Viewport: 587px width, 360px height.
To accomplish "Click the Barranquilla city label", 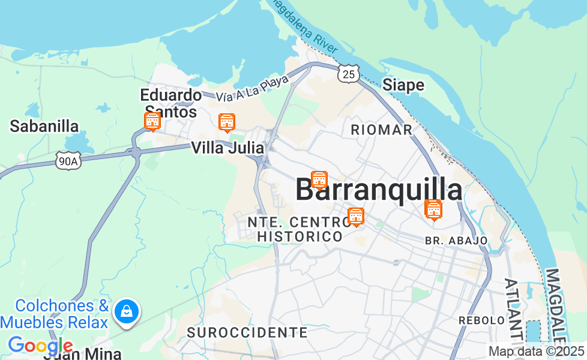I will (x=379, y=190).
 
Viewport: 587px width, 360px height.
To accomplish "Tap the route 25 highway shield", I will (x=349, y=73).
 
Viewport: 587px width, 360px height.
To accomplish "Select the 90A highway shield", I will (x=67, y=160).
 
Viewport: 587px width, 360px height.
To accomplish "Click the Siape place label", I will (x=403, y=85).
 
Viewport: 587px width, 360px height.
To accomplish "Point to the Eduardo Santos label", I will (x=171, y=103).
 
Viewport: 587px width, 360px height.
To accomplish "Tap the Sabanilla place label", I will (x=44, y=126).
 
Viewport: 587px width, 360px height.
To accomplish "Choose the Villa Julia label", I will (x=227, y=148).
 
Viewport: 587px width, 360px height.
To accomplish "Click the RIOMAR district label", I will (x=382, y=130).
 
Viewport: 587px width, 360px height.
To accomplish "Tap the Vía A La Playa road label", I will (x=252, y=89).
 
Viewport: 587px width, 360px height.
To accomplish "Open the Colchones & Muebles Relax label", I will (x=55, y=314).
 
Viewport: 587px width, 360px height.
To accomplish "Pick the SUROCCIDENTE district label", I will (x=247, y=332).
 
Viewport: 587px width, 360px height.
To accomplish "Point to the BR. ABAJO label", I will (x=456, y=241).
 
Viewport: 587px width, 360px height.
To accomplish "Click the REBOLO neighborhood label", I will (x=481, y=320).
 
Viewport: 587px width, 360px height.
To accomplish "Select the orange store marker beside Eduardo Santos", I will (x=152, y=122).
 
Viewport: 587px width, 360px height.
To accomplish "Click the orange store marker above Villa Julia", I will (x=226, y=123).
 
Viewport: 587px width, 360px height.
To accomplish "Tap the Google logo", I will (x=40, y=346).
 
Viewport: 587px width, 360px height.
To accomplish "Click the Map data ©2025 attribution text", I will (x=536, y=352).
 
